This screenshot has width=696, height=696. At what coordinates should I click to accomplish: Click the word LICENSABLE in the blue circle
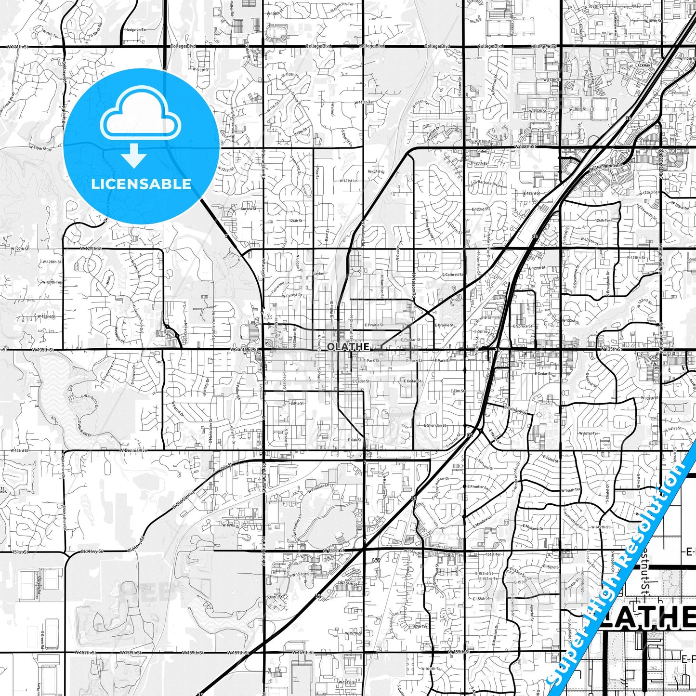pos(141,184)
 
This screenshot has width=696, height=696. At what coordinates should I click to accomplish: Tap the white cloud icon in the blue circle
pos(140,119)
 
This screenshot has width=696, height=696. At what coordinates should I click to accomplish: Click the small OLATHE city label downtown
pos(348,347)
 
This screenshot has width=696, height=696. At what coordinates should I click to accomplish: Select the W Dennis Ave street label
pos(133,451)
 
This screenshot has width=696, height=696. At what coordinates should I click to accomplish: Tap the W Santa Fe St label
pos(244,349)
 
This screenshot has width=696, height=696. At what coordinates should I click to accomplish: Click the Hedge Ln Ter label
pos(136,30)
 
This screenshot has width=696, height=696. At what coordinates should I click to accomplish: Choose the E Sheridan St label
pos(435,426)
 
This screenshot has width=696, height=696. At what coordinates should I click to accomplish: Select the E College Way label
pos(515,409)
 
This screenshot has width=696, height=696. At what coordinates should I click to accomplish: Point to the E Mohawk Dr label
pos(531,528)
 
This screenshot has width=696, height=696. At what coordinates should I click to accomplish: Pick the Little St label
pos(297,403)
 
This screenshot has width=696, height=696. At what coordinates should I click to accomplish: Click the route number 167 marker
pos(376,560)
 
